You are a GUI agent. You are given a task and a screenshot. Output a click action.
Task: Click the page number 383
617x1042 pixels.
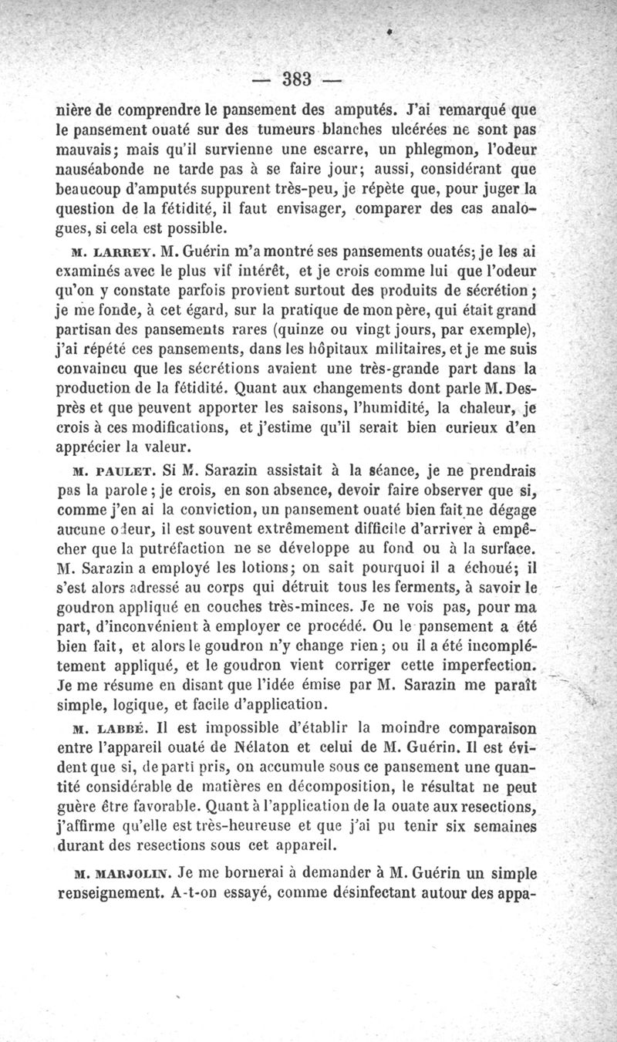click(296, 78)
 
